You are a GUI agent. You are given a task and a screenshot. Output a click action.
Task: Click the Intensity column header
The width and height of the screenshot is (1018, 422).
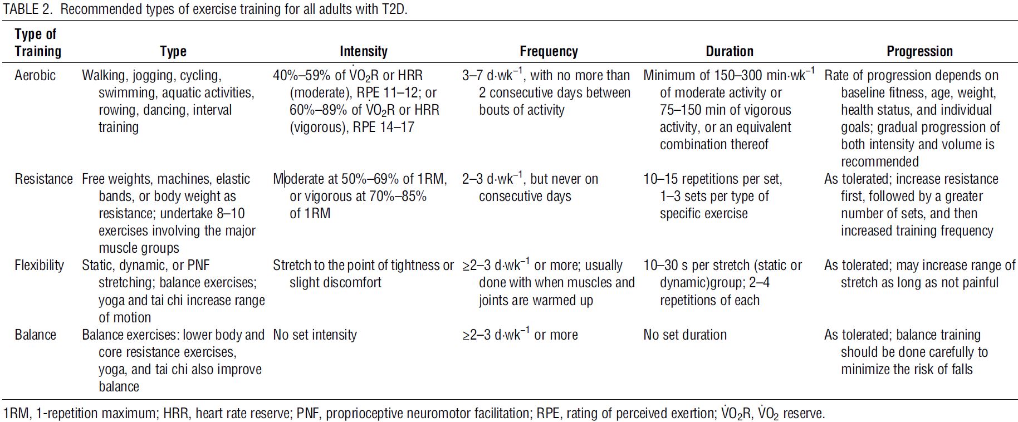(363, 52)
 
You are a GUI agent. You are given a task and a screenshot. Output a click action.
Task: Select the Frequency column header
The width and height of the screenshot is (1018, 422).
(549, 52)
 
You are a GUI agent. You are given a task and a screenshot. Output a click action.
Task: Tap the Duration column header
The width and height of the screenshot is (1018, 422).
(730, 52)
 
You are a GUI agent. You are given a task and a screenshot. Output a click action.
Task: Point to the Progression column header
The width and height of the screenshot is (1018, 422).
(919, 52)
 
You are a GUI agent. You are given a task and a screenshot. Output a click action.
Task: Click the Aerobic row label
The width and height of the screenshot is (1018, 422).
(35, 76)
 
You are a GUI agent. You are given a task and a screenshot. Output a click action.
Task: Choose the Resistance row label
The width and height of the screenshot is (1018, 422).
(43, 179)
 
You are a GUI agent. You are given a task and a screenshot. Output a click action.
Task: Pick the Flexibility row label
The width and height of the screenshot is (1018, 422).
(39, 266)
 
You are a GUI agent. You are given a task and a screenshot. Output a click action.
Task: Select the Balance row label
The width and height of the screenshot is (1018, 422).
(35, 335)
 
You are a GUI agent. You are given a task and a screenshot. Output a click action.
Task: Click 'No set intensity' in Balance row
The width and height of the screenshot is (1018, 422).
(315, 335)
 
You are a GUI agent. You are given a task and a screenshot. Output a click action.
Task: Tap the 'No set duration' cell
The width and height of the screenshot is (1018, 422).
(685, 335)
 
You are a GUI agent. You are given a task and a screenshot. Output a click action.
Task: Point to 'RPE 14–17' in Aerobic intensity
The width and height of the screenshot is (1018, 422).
(384, 127)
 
